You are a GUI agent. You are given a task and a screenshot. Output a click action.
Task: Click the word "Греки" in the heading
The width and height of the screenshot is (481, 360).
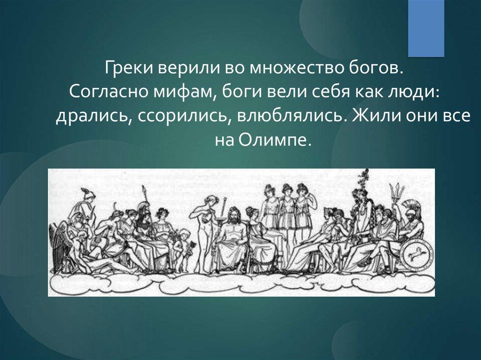point(130,68)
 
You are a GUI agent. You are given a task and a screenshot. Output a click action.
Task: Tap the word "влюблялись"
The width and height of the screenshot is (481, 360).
point(289,116)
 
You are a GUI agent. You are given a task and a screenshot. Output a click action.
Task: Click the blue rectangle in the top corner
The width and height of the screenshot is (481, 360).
point(426,28)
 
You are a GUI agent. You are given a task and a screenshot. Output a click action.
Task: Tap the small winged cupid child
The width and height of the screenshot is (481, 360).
point(184,248)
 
